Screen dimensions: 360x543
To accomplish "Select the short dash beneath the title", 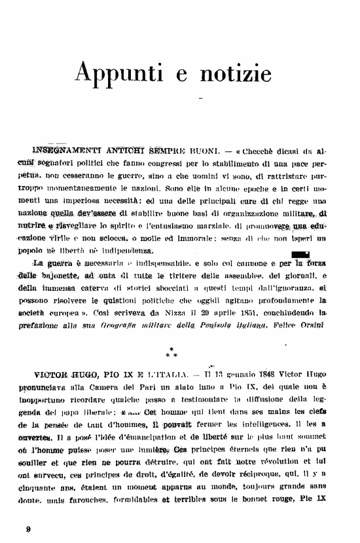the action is [x=201, y=100].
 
